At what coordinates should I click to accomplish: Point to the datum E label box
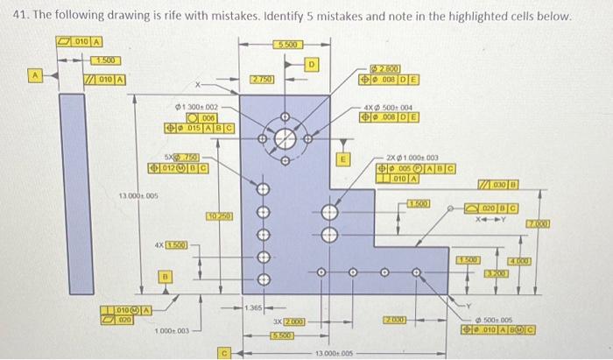[343, 159]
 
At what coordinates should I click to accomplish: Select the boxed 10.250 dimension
[218, 215]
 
